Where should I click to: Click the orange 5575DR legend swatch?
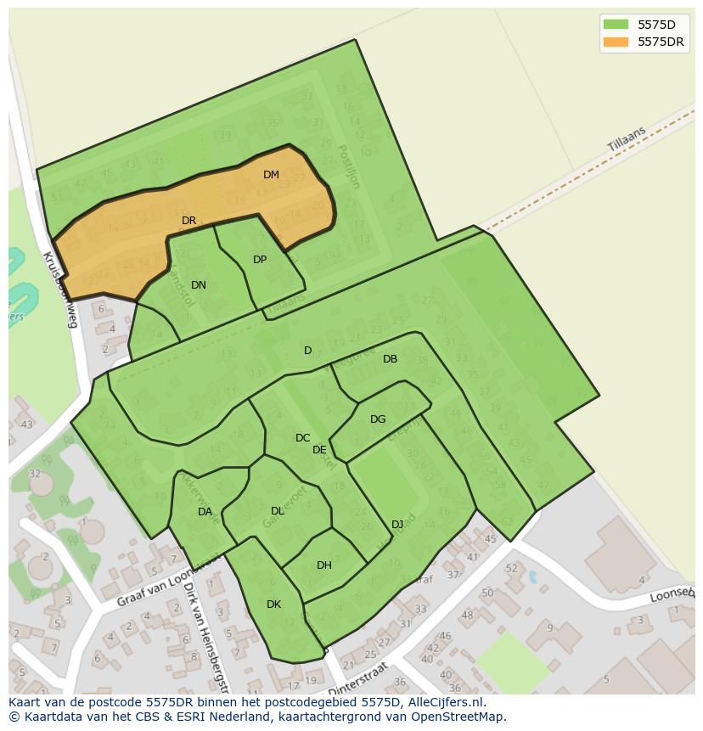pos(616,42)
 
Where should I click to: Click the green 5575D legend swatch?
pos(616,25)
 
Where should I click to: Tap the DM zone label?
pos(271,175)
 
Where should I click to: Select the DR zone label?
pos(188,221)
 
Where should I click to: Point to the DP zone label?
pos(260,260)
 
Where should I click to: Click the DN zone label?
pos(199,285)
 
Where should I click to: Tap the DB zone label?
pos(390,359)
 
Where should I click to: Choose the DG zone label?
pos(378,419)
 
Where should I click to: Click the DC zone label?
pos(302,438)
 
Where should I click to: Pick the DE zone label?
pos(319,450)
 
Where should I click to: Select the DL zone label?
pos(278,511)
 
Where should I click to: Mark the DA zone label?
pos(205,512)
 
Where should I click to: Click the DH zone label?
pos(323,565)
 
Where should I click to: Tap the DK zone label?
pos(273,604)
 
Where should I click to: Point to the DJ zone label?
pos(397,524)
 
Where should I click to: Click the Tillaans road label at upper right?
pos(627,139)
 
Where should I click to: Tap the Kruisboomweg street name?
pos(60,289)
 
